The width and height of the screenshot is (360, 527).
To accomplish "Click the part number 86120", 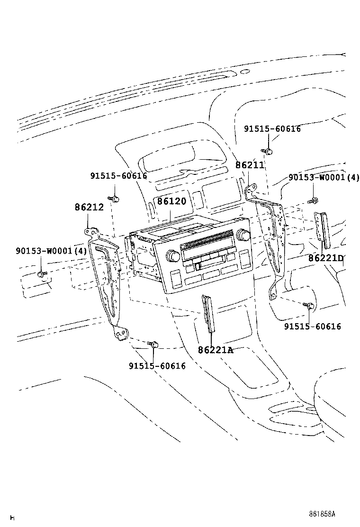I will pyautogui.click(x=171, y=201).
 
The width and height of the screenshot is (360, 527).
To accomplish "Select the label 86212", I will pyautogui.click(x=89, y=207).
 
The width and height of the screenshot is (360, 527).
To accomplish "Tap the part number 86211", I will pyautogui.click(x=250, y=165).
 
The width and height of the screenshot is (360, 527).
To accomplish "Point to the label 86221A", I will pyautogui.click(x=216, y=350).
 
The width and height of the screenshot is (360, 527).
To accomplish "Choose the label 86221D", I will pyautogui.click(x=325, y=258).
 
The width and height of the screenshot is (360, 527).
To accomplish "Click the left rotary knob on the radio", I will pyautogui.click(x=172, y=256).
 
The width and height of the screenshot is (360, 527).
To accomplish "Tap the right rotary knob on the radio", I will pyautogui.click(x=244, y=235).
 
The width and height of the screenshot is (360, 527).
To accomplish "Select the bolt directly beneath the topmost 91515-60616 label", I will pyautogui.click(x=268, y=151).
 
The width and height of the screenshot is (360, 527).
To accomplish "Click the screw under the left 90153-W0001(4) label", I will pyautogui.click(x=42, y=273).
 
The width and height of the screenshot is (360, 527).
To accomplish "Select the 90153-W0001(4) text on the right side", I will pyautogui.click(x=324, y=178).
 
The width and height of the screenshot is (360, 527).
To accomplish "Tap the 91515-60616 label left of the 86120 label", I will pyautogui.click(x=118, y=176).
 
